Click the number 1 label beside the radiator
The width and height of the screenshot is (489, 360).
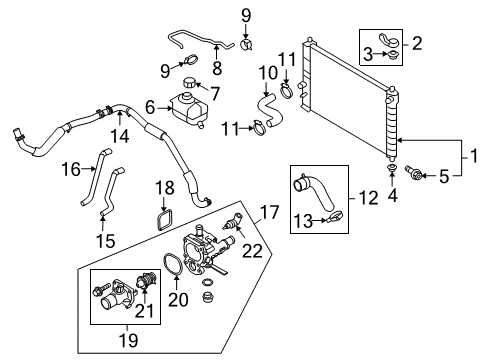474,156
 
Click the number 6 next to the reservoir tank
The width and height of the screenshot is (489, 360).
150,107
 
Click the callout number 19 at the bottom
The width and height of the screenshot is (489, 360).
128,339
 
